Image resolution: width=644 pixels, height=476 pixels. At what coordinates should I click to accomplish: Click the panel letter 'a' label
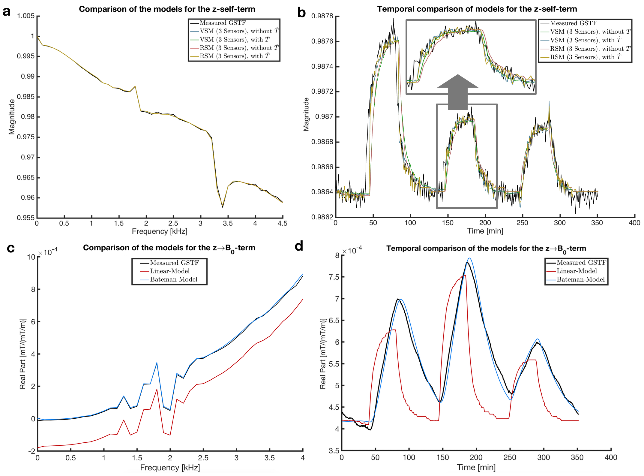6,12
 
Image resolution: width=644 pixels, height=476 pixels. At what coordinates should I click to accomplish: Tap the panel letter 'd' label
299,246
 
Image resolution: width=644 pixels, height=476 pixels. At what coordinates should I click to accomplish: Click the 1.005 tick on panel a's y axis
26,16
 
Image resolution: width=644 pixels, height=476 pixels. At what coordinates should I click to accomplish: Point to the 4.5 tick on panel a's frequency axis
282,224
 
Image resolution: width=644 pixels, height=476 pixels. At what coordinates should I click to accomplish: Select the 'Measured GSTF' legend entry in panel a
223,23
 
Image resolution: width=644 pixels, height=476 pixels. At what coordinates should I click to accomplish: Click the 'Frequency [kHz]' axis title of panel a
159,231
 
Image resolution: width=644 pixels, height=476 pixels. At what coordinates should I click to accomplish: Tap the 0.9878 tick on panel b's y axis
322,16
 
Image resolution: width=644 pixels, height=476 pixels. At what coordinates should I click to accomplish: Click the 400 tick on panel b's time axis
634,223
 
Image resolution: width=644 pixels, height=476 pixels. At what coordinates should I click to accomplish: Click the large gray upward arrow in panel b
457,92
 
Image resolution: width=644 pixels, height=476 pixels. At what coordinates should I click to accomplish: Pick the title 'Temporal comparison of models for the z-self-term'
477,9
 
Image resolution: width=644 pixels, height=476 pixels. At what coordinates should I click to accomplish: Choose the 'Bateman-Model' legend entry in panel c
174,279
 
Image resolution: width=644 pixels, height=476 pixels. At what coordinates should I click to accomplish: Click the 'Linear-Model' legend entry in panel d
577,271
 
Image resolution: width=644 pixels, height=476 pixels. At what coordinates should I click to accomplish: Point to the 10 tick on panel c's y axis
31,257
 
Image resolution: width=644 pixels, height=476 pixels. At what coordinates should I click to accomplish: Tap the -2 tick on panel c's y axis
31,451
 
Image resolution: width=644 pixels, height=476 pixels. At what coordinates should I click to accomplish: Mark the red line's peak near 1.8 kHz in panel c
157,390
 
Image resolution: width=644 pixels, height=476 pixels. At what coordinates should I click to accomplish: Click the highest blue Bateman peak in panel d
469,258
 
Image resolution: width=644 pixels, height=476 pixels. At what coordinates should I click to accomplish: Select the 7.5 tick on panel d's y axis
334,277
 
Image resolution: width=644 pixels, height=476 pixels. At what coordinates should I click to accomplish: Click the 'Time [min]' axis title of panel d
476,467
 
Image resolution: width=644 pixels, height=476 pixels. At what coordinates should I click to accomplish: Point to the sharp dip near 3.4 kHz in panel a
222,207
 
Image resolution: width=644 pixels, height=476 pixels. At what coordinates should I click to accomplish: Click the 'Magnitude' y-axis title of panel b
306,114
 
